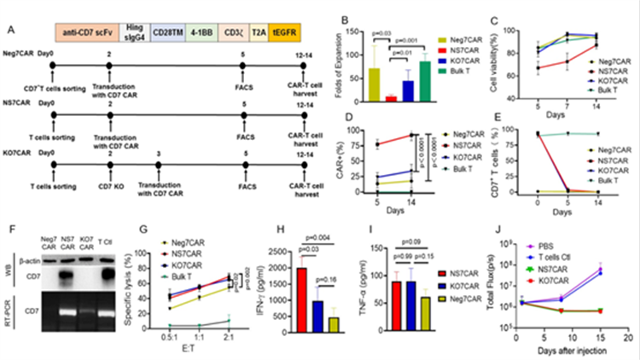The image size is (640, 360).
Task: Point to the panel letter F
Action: coord(9,229)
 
